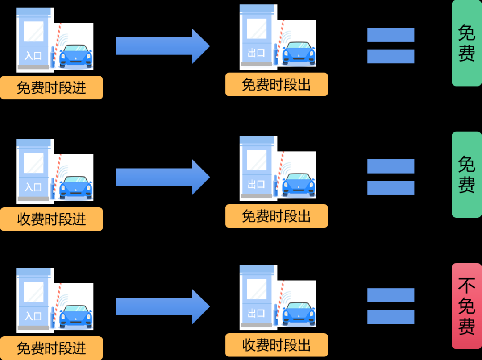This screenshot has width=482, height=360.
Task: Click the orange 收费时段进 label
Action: [x=51, y=219]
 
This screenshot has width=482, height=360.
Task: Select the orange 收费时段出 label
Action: [x=276, y=345]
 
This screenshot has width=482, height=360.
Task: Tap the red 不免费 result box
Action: [x=466, y=306]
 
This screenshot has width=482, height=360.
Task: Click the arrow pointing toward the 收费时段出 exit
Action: [x=162, y=306]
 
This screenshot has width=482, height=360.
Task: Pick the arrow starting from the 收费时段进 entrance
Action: [x=162, y=177]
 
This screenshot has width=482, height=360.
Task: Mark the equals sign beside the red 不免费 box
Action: [x=391, y=306]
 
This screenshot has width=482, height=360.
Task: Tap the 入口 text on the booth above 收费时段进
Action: [x=33, y=186]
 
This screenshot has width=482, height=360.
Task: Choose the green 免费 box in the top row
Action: [x=466, y=43]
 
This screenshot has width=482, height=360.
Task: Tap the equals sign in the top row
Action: [x=391, y=46]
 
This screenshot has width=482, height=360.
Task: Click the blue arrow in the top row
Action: [x=162, y=46]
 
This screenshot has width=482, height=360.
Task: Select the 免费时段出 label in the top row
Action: [x=276, y=84]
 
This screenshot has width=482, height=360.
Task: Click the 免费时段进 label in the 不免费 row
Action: [x=51, y=348]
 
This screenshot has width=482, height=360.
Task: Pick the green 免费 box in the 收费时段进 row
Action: [x=466, y=174]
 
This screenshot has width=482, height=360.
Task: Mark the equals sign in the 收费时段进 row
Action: [x=391, y=177]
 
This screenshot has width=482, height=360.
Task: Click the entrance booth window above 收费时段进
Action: [x=33, y=163]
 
